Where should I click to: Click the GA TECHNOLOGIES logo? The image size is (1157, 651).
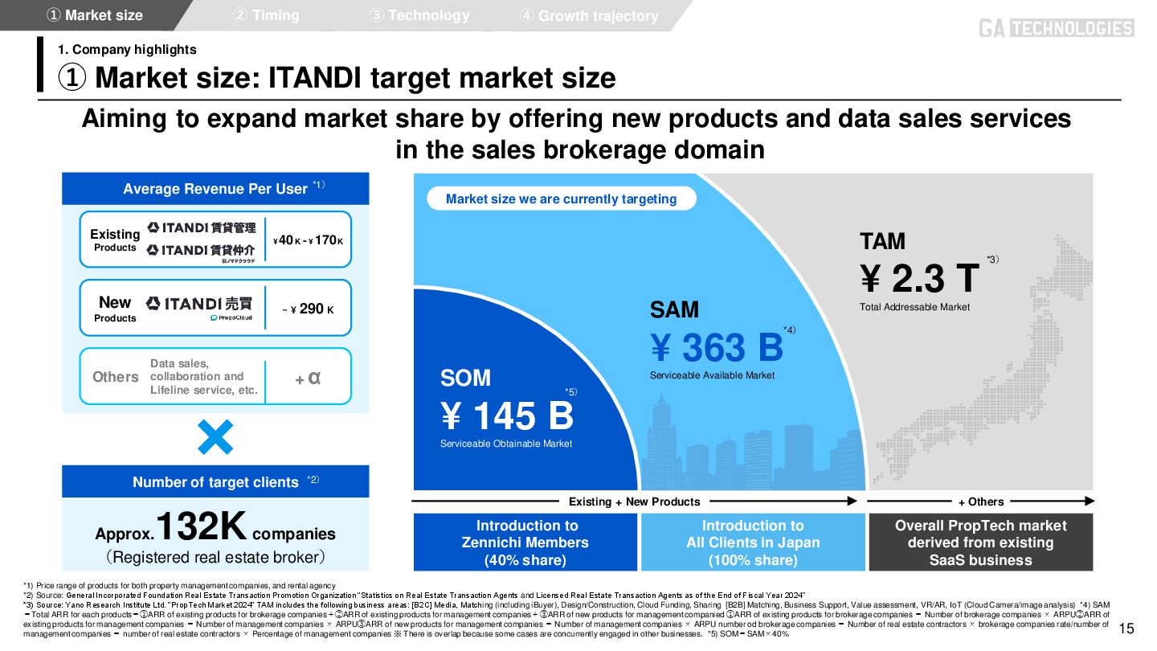click(x=1056, y=28)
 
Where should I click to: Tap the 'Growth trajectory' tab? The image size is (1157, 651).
click(x=590, y=16)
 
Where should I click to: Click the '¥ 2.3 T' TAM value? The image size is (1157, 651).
click(x=920, y=278)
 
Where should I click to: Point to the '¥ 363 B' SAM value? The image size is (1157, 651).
click(x=716, y=347)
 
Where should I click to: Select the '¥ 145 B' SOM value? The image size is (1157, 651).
click(x=506, y=416)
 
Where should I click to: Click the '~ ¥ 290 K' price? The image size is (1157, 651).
click(x=308, y=309)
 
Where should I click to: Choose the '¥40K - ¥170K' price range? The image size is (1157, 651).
click(x=308, y=240)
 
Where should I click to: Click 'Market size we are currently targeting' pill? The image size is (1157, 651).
click(x=561, y=199)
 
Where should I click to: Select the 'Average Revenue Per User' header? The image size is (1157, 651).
click(x=215, y=189)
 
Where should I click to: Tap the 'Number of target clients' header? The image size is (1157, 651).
click(x=215, y=482)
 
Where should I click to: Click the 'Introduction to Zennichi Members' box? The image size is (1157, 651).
click(x=526, y=542)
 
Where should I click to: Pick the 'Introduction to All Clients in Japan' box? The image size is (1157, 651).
click(x=753, y=542)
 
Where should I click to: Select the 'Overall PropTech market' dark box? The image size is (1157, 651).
click(x=980, y=542)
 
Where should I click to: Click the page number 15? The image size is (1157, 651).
click(x=1126, y=628)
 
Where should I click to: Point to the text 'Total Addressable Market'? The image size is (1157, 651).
click(x=914, y=307)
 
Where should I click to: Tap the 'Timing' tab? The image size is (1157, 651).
click(x=266, y=15)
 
